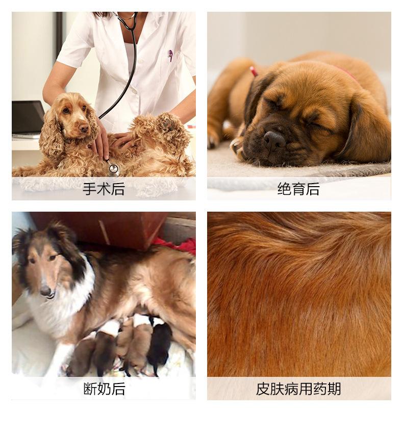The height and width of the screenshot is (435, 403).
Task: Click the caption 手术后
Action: click(x=104, y=189)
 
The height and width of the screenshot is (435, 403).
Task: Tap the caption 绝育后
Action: click(x=298, y=189)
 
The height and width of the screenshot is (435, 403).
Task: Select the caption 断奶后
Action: click(x=104, y=389)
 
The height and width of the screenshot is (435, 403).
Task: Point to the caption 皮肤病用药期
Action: click(x=298, y=389)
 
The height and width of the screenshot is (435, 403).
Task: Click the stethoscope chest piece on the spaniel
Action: click(x=113, y=168)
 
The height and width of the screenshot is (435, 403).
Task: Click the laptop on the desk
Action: click(x=28, y=119)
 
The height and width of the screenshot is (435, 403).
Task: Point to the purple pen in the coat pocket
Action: click(x=170, y=55)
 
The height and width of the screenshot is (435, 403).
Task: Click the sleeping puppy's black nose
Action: click(x=273, y=139)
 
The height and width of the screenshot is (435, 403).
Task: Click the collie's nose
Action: click(x=46, y=291)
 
